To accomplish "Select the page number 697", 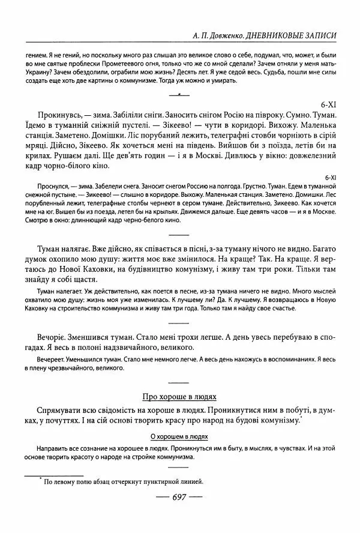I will pos(180,496).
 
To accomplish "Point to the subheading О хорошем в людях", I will pos(179,438).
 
